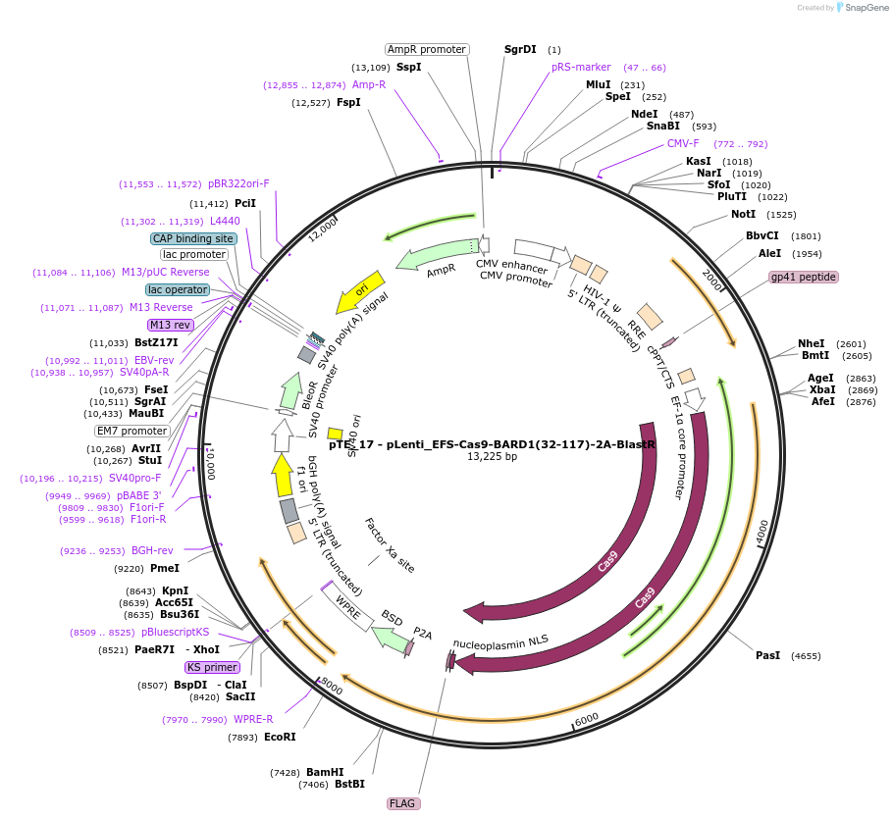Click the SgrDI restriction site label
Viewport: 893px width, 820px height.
pos(520,49)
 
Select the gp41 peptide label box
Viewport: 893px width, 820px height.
pos(804,277)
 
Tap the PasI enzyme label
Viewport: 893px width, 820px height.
pos(767,655)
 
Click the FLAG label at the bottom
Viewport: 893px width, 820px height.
pos(403,803)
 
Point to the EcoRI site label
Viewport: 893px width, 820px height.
pos(280,737)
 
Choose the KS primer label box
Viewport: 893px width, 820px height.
pos(212,667)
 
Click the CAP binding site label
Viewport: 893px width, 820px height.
pos(193,238)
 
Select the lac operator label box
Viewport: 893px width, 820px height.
pos(178,289)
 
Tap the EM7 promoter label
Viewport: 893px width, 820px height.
pos(131,431)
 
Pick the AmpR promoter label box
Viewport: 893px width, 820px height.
pos(426,49)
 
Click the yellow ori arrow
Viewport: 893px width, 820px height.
pos(359,290)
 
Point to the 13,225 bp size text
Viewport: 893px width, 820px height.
pos(492,456)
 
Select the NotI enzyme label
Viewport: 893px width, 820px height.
pos(744,214)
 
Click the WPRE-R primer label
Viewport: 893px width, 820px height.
pos(253,719)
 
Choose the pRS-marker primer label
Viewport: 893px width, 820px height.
pos(581,68)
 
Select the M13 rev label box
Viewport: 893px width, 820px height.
pos(170,325)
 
